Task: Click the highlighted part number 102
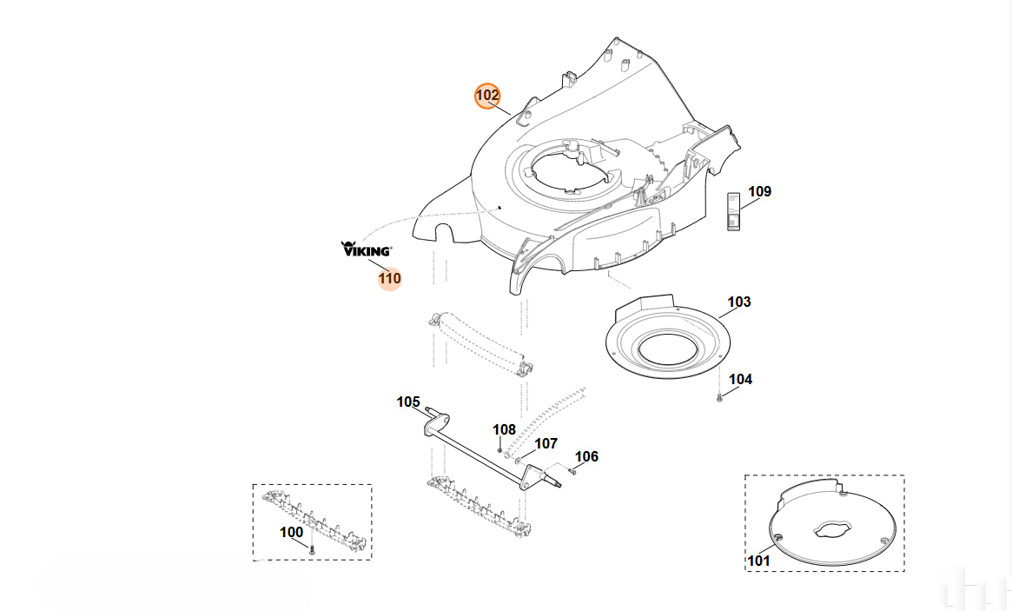[x=487, y=96]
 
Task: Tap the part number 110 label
[x=389, y=278]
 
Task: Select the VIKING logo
[x=366, y=249]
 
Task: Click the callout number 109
[x=759, y=191]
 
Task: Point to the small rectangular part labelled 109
[x=734, y=210]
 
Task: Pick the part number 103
[x=739, y=302]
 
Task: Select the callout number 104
[x=740, y=379]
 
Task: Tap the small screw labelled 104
[x=719, y=399]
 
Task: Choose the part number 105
[x=408, y=402]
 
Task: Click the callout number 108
[x=504, y=429]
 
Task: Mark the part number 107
[x=546, y=443]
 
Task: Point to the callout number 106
[x=586, y=456]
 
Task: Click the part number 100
[x=292, y=532]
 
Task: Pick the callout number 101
[x=759, y=561]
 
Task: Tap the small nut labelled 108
[x=499, y=448]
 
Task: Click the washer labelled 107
[x=518, y=462]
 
